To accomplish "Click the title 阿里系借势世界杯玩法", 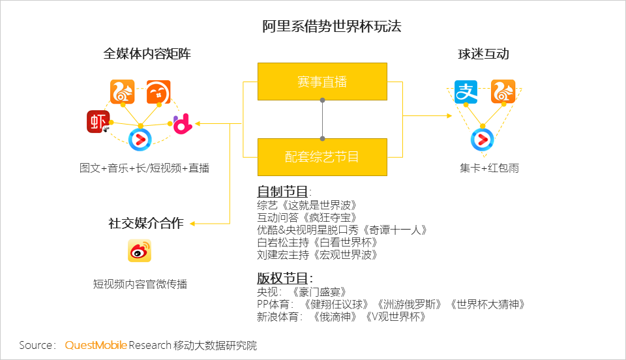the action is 332,26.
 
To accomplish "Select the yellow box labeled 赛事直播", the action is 322,82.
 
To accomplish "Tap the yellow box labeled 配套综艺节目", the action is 322,157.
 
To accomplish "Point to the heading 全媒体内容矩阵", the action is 147,53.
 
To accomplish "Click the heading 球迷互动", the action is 483,54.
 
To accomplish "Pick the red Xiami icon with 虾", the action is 98,121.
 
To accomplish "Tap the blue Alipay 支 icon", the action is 466,92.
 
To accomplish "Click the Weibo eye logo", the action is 140,250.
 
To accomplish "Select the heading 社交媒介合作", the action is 146,223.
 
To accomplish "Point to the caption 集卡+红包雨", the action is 489,168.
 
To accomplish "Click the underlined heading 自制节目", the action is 282,192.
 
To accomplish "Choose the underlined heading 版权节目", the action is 282,278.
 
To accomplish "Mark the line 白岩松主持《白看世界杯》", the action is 317,242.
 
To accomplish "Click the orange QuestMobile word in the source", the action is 96,345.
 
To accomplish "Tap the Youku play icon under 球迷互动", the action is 483,140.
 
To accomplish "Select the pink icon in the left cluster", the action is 183,124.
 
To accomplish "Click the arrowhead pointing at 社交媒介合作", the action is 192,224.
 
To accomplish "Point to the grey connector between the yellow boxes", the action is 322,119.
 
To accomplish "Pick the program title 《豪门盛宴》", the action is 319,292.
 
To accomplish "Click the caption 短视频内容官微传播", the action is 140,284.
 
